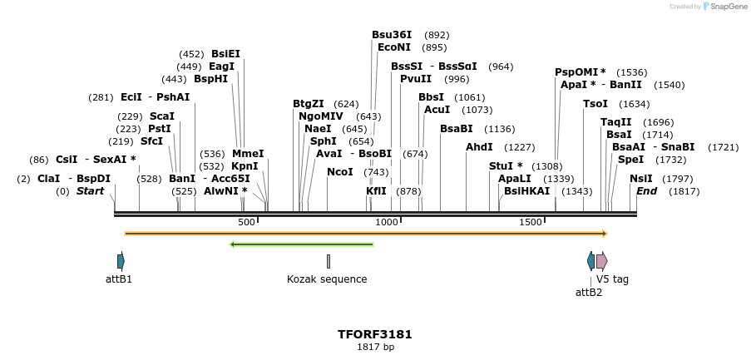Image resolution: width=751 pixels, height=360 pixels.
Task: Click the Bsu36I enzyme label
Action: point(391,35)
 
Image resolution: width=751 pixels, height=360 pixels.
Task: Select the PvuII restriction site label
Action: point(415,79)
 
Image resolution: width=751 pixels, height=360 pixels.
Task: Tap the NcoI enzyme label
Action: point(339,172)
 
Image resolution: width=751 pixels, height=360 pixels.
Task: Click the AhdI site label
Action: point(479,147)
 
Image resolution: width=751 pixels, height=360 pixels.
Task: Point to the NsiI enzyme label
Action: point(640,179)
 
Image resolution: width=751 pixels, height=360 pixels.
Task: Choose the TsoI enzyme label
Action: point(595,104)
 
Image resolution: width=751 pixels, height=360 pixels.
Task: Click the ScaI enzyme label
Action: point(161,116)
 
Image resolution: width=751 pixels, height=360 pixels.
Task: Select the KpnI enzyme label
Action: point(244,166)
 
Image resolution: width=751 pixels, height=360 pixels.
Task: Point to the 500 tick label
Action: point(246,223)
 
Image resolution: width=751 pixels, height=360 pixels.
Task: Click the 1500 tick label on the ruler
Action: point(531,223)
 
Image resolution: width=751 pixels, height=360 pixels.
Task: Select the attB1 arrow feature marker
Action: point(121,261)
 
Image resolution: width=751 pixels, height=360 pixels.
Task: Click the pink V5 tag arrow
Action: point(601,261)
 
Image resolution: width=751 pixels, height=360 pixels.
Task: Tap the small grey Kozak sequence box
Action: point(329,261)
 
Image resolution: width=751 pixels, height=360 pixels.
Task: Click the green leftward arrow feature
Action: point(301,244)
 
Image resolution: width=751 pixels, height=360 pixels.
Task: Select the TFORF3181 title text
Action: point(374,334)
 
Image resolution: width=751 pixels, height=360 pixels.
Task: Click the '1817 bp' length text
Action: point(375,347)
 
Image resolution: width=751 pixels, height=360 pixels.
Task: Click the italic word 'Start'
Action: point(90,191)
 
